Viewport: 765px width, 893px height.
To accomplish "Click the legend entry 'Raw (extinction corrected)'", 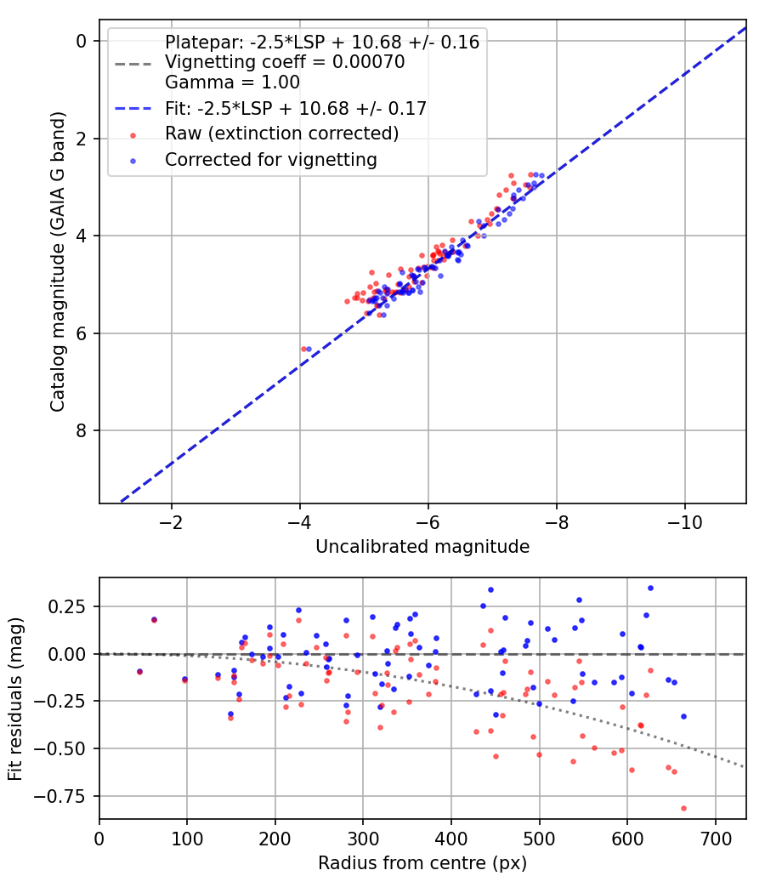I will pyautogui.click(x=281, y=134).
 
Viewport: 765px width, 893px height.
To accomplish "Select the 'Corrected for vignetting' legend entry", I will pyautogui.click(x=271, y=159).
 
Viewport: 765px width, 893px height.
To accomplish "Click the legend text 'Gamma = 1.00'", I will pyautogui.click(x=232, y=82).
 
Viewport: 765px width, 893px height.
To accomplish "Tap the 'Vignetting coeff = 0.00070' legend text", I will pyautogui.click(x=285, y=62).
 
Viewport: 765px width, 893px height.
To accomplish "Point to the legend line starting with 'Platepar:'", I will pyautogui.click(x=322, y=42).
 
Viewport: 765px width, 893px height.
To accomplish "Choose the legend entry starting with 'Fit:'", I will pyautogui.click(x=296, y=108).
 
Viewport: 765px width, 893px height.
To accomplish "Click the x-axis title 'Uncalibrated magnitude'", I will pyautogui.click(x=422, y=547).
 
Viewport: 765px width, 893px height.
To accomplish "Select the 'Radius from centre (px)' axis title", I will pyautogui.click(x=422, y=863).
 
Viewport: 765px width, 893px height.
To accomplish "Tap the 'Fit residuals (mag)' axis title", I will pyautogui.click(x=16, y=698).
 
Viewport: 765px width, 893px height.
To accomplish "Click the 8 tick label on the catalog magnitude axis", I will pyautogui.click(x=82, y=430).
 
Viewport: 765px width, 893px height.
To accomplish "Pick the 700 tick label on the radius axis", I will pyautogui.click(x=715, y=838).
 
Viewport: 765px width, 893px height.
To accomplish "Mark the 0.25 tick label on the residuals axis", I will pyautogui.click(x=71, y=606).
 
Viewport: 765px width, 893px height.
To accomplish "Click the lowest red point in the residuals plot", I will pyautogui.click(x=683, y=808).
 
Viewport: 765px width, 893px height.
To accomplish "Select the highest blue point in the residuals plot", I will pyautogui.click(x=650, y=588).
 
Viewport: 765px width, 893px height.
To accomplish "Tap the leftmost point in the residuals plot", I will pyautogui.click(x=139, y=671).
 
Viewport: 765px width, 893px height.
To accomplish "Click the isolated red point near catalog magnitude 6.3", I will pyautogui.click(x=303, y=349).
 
